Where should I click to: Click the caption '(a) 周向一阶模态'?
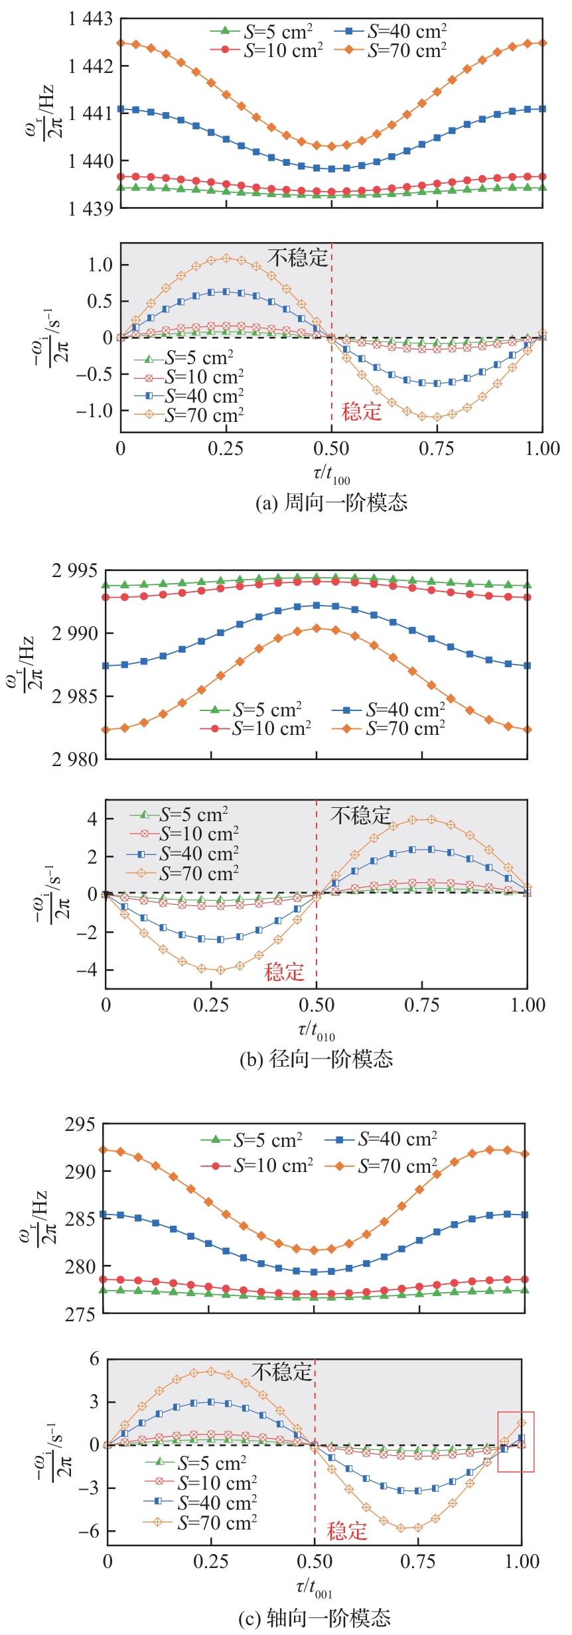point(331,503)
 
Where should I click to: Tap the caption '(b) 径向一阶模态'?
point(316,1059)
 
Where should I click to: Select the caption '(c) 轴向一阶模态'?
point(315,1618)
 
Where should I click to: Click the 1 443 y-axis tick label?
point(90,19)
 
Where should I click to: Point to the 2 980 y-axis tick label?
point(74,759)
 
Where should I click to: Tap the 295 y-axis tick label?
point(80,1124)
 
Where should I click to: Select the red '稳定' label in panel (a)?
point(362,412)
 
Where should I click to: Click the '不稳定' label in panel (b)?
point(360,815)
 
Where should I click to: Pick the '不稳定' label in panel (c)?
point(281,1371)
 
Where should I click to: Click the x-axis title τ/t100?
point(331,474)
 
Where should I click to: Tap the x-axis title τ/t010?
point(316,1031)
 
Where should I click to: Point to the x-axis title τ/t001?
point(314,1588)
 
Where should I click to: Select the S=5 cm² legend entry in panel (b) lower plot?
point(180,815)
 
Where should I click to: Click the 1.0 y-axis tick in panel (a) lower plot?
point(100,265)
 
